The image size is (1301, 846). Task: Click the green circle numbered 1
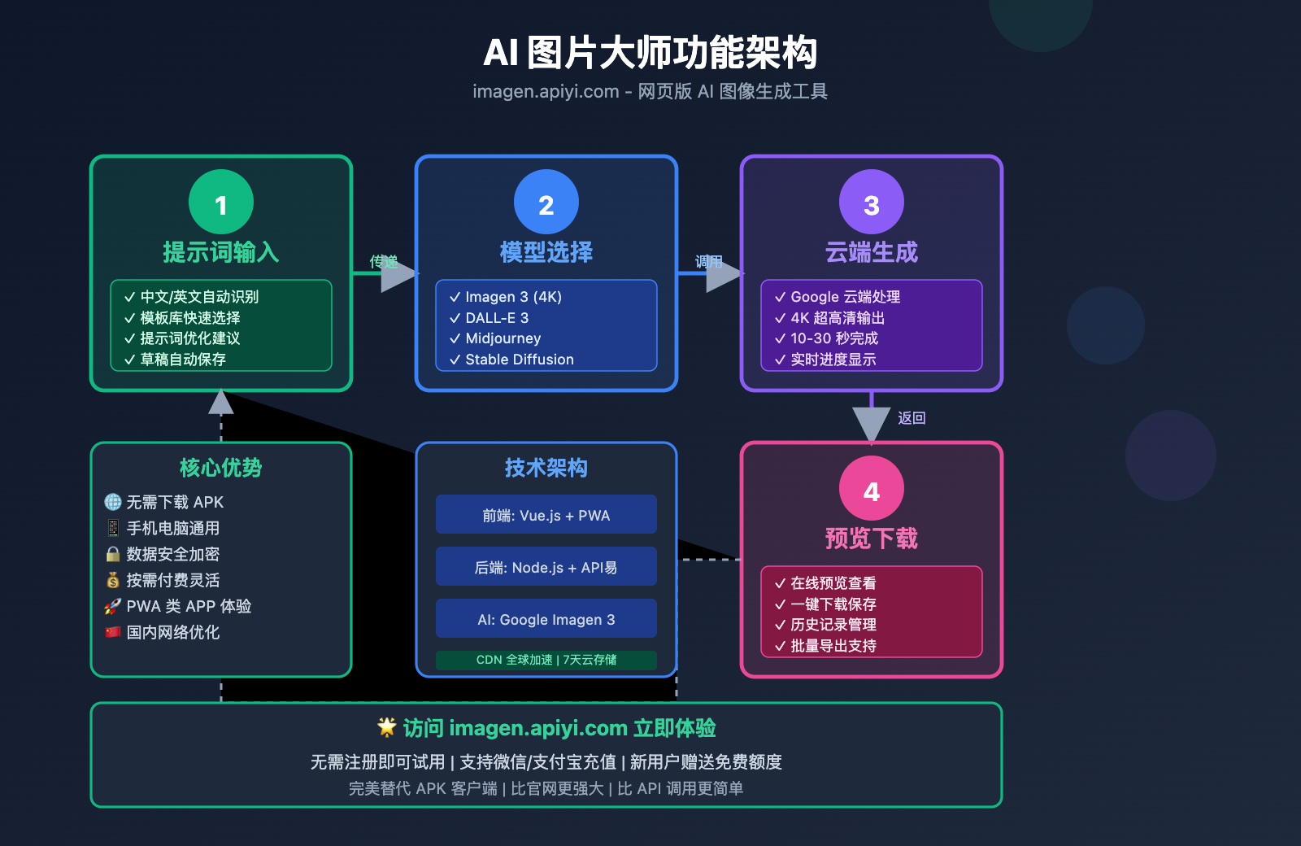point(221,202)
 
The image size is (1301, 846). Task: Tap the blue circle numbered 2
point(546,202)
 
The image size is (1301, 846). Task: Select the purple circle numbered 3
point(872,202)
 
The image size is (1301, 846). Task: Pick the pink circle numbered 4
point(872,488)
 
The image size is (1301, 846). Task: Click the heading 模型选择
point(546,252)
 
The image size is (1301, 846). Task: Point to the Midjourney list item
point(503,338)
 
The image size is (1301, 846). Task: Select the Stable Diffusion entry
point(519,360)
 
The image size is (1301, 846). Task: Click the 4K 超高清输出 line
point(837,318)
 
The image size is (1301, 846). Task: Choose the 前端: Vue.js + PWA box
point(546,515)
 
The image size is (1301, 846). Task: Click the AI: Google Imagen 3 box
point(546,619)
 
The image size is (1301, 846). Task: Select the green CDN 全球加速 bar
point(546,660)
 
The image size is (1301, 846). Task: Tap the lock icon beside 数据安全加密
point(113,554)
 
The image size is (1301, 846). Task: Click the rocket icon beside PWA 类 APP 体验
point(113,606)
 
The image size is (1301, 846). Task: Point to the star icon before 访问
point(387,726)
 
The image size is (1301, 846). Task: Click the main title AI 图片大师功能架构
point(650,53)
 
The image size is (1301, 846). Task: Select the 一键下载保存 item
point(833,604)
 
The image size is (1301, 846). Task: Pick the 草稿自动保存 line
point(182,360)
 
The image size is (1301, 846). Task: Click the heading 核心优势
point(221,468)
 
